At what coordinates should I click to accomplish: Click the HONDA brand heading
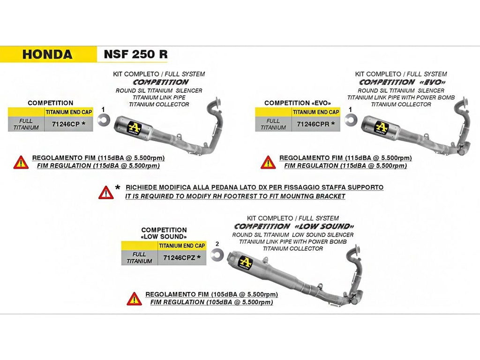click(47, 54)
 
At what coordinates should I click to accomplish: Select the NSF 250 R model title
click(135, 54)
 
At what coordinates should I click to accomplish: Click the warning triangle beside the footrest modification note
click(106, 193)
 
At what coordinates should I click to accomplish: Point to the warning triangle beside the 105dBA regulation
click(134, 299)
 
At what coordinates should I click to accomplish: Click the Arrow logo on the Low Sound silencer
click(245, 263)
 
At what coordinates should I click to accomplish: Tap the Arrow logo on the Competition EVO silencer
click(381, 127)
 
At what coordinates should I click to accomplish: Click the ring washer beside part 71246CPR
click(351, 120)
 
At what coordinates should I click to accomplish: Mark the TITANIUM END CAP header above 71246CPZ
click(182, 246)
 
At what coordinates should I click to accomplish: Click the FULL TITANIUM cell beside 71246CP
click(26, 124)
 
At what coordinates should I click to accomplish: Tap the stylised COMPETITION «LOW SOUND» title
click(294, 226)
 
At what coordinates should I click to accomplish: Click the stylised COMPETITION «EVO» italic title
click(402, 82)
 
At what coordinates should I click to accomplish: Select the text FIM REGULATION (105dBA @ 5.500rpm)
click(211, 302)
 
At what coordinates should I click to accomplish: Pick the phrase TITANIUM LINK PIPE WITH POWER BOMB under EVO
click(401, 97)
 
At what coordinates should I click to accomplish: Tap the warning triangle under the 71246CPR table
click(268, 162)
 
